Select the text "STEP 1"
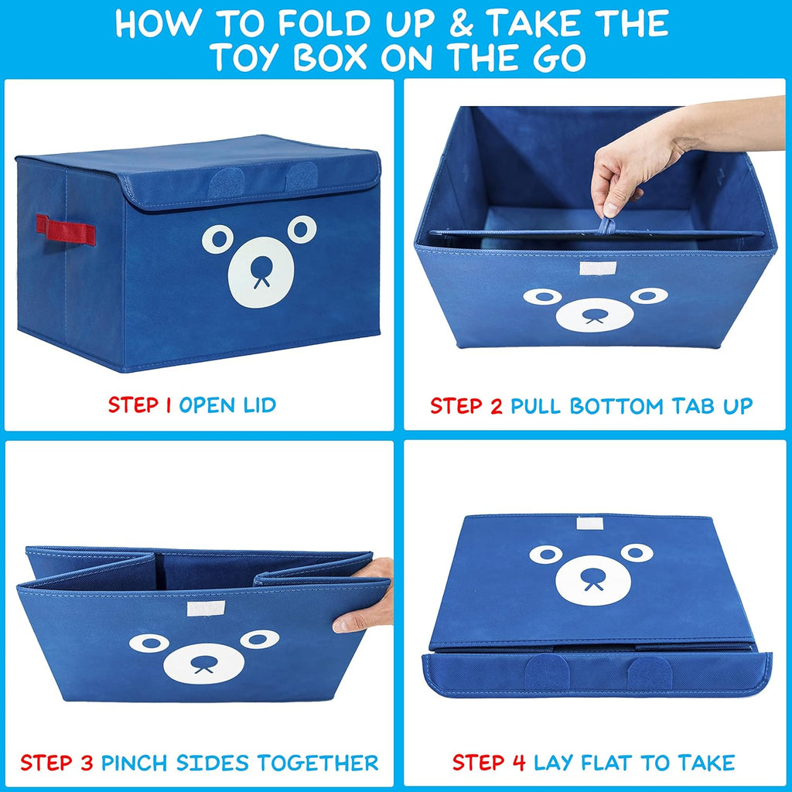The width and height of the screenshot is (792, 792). click(140, 405)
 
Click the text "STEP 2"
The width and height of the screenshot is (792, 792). click(466, 405)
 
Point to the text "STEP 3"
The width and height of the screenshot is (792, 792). click(57, 763)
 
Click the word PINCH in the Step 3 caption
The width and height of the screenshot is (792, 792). click(136, 763)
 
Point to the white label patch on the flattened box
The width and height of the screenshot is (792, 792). click(590, 524)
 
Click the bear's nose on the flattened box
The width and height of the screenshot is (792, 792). click(592, 576)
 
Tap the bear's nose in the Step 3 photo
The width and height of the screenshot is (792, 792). click(203, 662)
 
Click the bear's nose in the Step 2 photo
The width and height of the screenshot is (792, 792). click(595, 314)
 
